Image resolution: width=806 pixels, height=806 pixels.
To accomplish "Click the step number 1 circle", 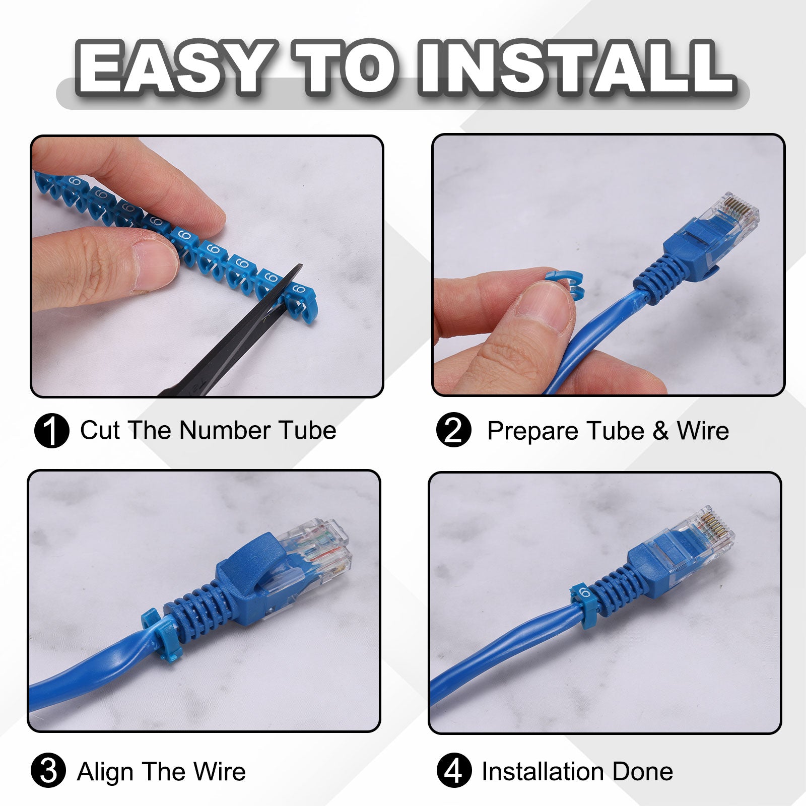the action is [51, 431].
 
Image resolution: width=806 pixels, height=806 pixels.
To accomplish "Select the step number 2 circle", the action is [453, 430].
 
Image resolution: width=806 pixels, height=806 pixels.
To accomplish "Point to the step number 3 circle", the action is [48, 771].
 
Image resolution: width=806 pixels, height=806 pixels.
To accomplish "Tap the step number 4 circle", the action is [454, 771].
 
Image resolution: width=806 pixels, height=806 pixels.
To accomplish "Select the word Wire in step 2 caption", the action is [703, 431].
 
